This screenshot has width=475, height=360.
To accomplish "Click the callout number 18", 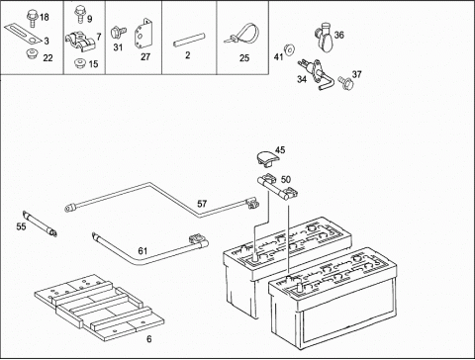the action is (x=45, y=17).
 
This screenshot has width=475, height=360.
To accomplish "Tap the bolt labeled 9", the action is (x=79, y=14).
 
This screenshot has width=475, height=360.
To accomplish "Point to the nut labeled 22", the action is (x=32, y=53).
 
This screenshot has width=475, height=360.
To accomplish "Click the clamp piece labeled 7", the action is (x=80, y=42).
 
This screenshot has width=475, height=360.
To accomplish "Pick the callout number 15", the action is (x=93, y=64).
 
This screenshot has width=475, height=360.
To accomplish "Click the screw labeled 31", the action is (x=118, y=33).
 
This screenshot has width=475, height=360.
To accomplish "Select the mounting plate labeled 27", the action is (x=142, y=34).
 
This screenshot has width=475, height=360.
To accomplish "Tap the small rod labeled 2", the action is (x=190, y=40).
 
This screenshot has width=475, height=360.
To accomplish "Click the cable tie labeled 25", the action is (x=242, y=35).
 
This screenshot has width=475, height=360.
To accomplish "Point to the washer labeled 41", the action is (x=290, y=49).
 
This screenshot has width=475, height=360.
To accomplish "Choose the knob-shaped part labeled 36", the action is (x=324, y=37).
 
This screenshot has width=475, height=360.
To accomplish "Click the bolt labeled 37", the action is (x=345, y=82).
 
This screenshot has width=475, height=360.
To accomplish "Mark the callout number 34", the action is (x=302, y=79).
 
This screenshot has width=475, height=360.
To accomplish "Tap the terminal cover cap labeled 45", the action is (x=267, y=157).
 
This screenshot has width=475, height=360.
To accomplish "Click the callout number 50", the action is (x=286, y=179).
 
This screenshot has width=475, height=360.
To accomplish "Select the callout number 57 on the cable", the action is (x=202, y=204).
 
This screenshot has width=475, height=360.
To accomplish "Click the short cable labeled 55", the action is (x=40, y=224).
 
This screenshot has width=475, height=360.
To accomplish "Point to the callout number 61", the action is (x=142, y=251).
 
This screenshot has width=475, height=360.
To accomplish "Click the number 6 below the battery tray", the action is (x=149, y=339).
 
